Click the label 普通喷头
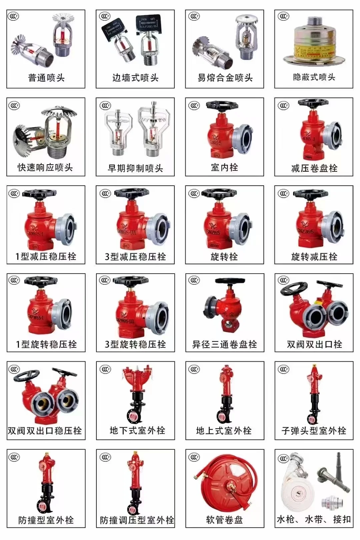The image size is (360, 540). (x=46, y=78)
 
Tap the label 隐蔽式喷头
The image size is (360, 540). (x=314, y=77)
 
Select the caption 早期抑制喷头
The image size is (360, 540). (x=135, y=168)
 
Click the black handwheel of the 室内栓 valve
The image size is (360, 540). (x=222, y=106)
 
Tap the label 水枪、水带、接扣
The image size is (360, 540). (x=314, y=519)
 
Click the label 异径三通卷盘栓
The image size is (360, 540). (x=224, y=344)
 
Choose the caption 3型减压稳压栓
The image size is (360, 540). (x=135, y=256)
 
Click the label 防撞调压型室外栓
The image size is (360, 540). (x=137, y=520)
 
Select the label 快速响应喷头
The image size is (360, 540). (x=45, y=167)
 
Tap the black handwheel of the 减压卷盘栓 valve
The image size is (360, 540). (x=313, y=103)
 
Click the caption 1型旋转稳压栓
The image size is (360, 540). (x=46, y=344)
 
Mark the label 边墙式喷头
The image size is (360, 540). (x=135, y=78)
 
